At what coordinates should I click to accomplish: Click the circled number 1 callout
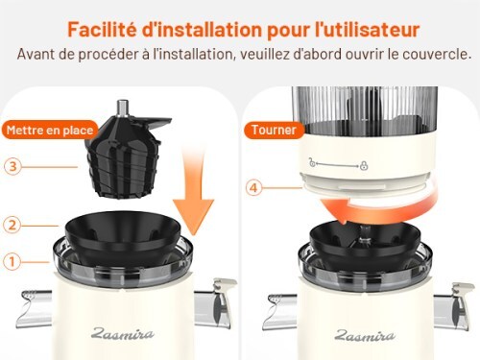[x=12, y=262]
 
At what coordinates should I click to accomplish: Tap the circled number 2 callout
[x=12, y=225]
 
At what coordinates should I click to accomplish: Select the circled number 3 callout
[x=12, y=166]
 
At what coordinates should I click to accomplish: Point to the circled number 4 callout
[x=253, y=188]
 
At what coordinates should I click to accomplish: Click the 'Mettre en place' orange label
[x=50, y=130]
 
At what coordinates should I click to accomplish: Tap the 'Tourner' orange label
[x=274, y=130]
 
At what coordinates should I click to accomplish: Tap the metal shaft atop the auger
[x=122, y=108]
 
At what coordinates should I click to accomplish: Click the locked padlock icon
[x=364, y=165]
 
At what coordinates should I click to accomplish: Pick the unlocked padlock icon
[x=312, y=162]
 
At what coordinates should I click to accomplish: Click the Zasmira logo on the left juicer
[x=123, y=334]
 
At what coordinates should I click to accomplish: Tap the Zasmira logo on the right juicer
[x=365, y=335]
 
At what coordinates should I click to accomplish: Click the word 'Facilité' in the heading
[x=102, y=29]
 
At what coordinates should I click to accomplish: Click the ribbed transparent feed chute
[x=365, y=108]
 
